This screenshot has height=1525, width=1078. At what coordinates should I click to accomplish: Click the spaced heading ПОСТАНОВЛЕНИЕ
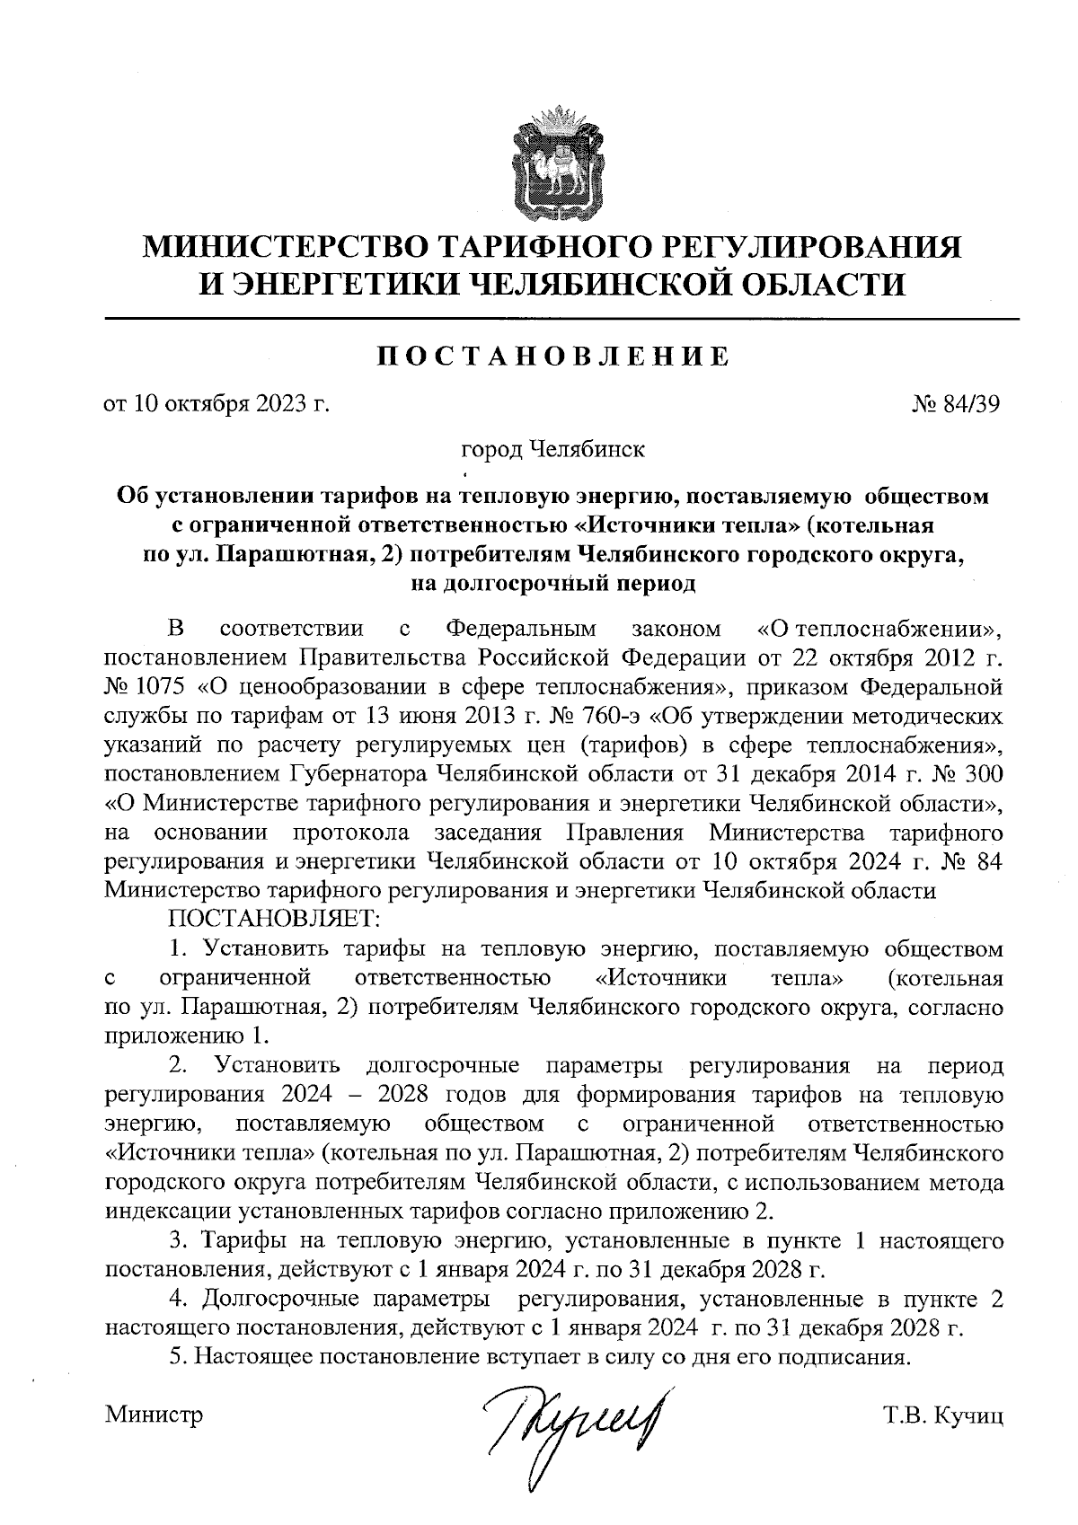pyautogui.click(x=552, y=357)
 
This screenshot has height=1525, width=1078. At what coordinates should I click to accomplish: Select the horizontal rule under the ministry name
pyautogui.click(x=561, y=320)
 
